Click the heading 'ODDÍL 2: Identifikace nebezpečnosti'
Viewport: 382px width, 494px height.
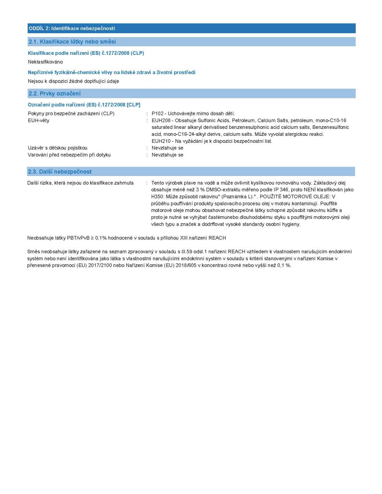(x=72, y=29)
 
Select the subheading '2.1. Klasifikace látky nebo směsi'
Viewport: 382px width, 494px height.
(x=72, y=42)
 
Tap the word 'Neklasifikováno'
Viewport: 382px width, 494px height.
(x=45, y=62)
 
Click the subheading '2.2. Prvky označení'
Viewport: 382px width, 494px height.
(x=54, y=93)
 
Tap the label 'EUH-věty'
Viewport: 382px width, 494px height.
(x=39, y=120)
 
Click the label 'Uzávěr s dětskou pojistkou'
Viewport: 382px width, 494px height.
(x=58, y=148)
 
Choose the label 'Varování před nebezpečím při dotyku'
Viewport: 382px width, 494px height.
(x=69, y=155)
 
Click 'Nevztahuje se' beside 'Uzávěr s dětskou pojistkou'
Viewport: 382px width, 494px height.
(x=167, y=148)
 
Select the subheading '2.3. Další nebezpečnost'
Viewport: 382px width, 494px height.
(x=60, y=171)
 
